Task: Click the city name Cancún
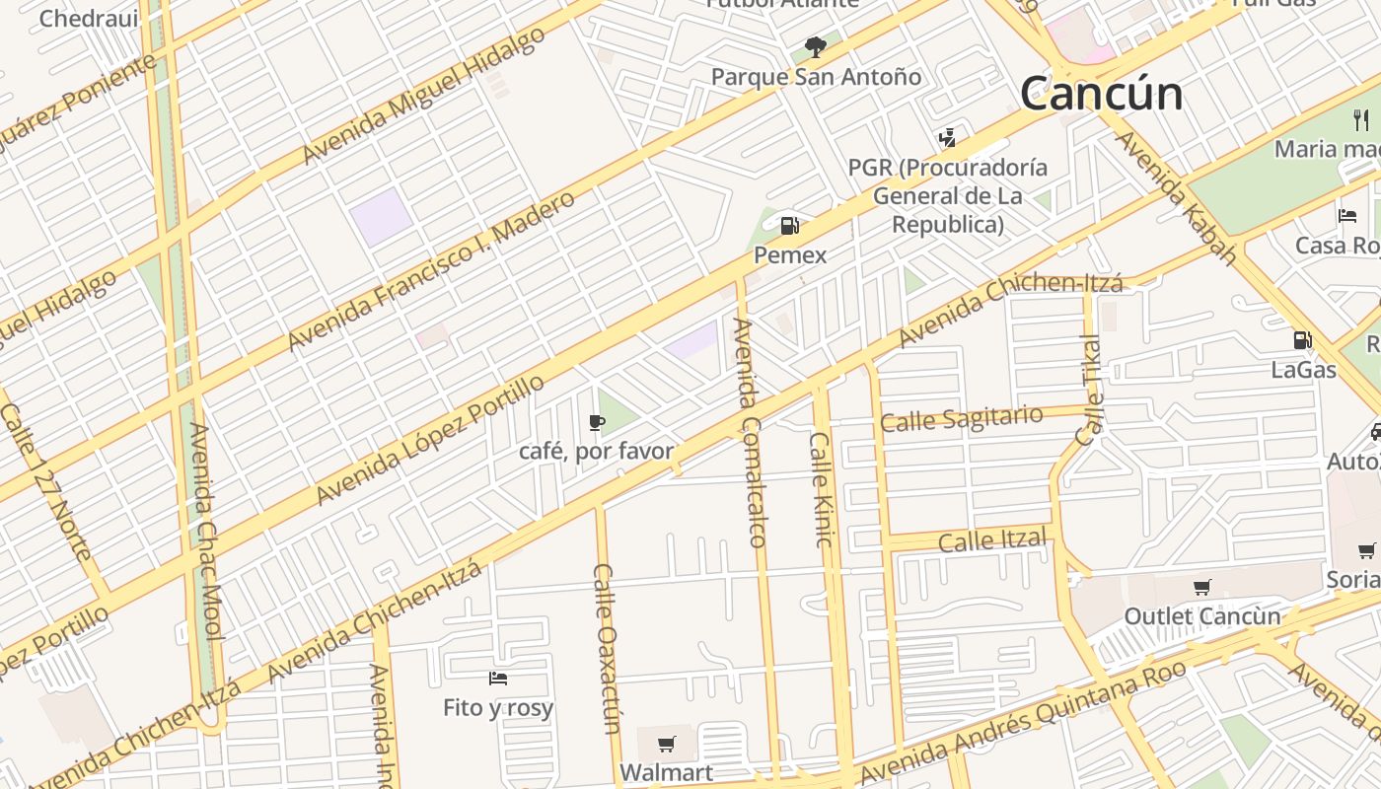[x=1101, y=94]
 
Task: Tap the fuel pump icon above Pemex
[x=789, y=226]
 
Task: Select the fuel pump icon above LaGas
[x=1303, y=340]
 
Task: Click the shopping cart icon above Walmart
[x=667, y=743]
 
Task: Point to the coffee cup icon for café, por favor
[x=596, y=423]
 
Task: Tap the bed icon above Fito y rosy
[x=498, y=678]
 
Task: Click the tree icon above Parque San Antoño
[x=815, y=45]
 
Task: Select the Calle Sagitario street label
[x=961, y=418]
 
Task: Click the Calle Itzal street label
[x=992, y=540]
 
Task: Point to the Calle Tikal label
[x=1091, y=390]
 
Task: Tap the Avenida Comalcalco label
[x=749, y=432]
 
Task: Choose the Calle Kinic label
[x=822, y=488]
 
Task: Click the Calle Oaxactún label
[x=606, y=649]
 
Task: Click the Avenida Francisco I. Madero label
[x=430, y=271]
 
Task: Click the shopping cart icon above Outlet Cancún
[x=1201, y=588]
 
